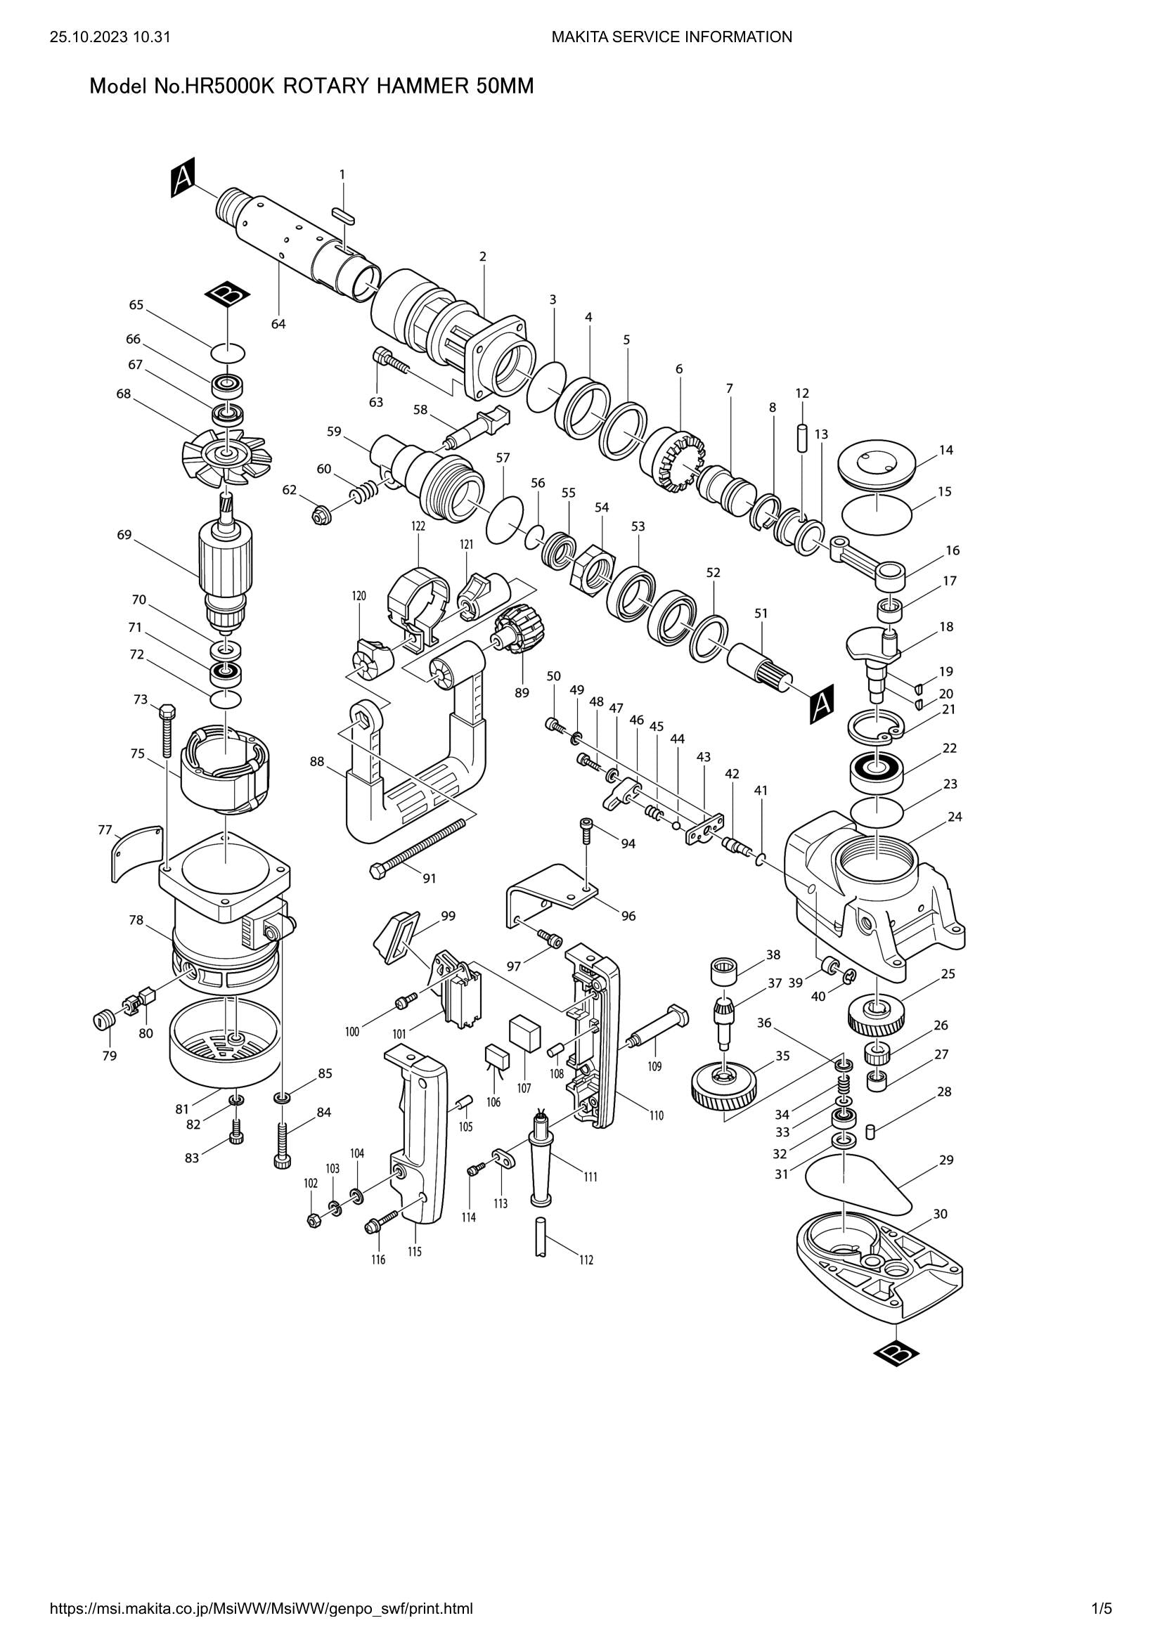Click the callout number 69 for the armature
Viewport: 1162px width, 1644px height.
pyautogui.click(x=124, y=534)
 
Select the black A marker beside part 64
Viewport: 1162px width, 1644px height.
pyautogui.click(x=183, y=179)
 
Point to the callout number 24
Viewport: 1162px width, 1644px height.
pyautogui.click(x=955, y=816)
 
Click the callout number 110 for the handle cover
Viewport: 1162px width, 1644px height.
pyautogui.click(x=657, y=1115)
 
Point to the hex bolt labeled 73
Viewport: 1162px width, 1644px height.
pyautogui.click(x=166, y=730)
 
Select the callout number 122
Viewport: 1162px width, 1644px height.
pyautogui.click(x=418, y=526)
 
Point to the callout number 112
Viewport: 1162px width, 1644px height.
pyautogui.click(x=586, y=1260)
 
